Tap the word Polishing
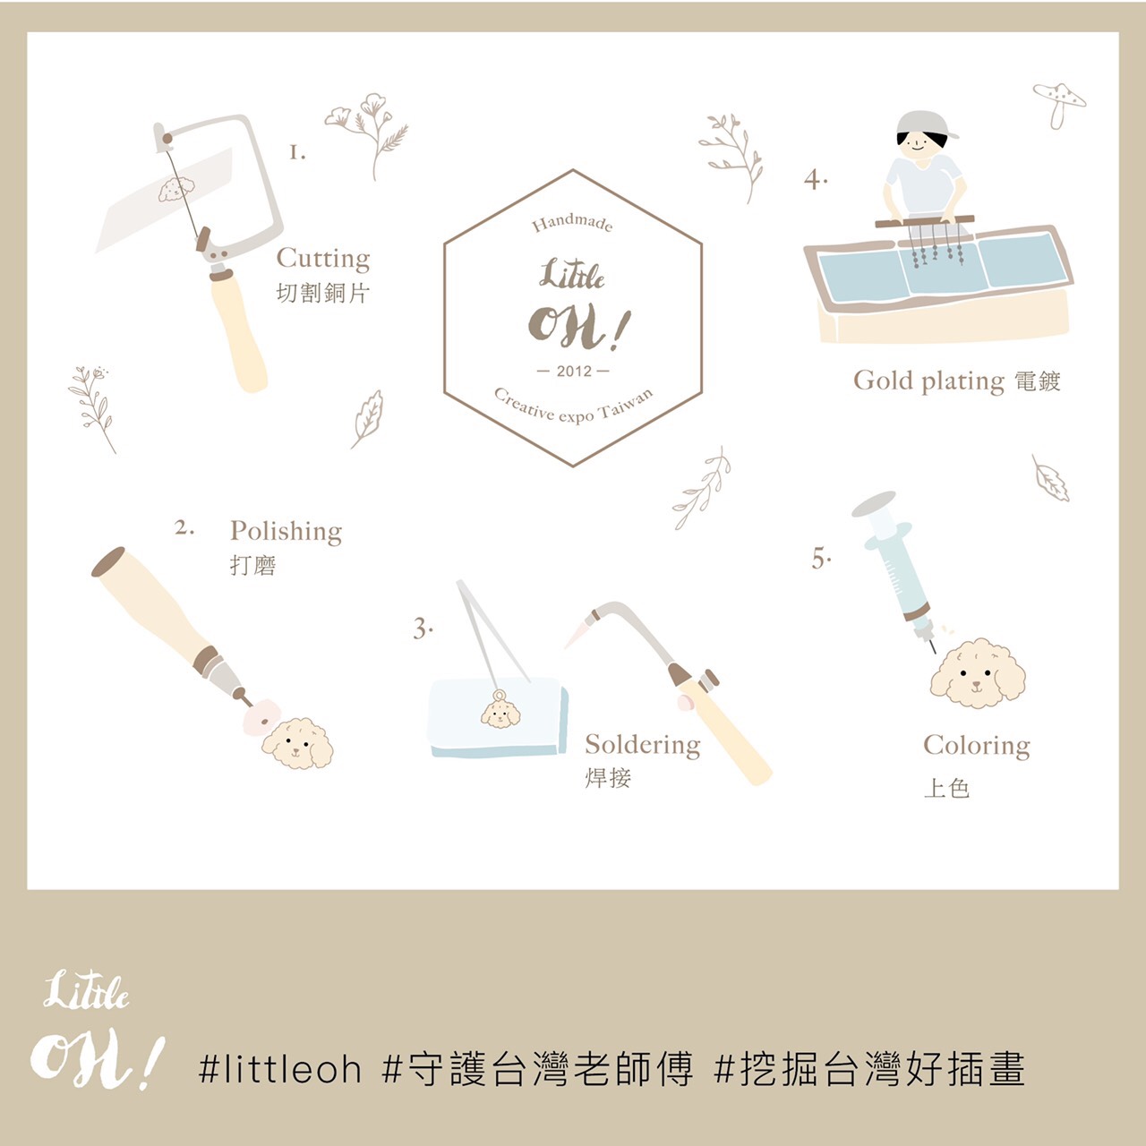click(x=286, y=533)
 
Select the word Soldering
click(x=642, y=746)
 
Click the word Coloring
click(x=977, y=747)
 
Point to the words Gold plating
click(x=928, y=381)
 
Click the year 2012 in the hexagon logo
click(x=573, y=372)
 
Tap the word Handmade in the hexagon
click(x=571, y=223)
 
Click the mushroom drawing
click(x=1059, y=104)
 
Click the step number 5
click(x=820, y=559)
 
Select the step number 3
click(x=422, y=628)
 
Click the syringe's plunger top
click(x=874, y=503)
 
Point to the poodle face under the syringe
click(x=977, y=674)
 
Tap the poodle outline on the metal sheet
click(x=176, y=189)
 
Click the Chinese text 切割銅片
click(x=323, y=293)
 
